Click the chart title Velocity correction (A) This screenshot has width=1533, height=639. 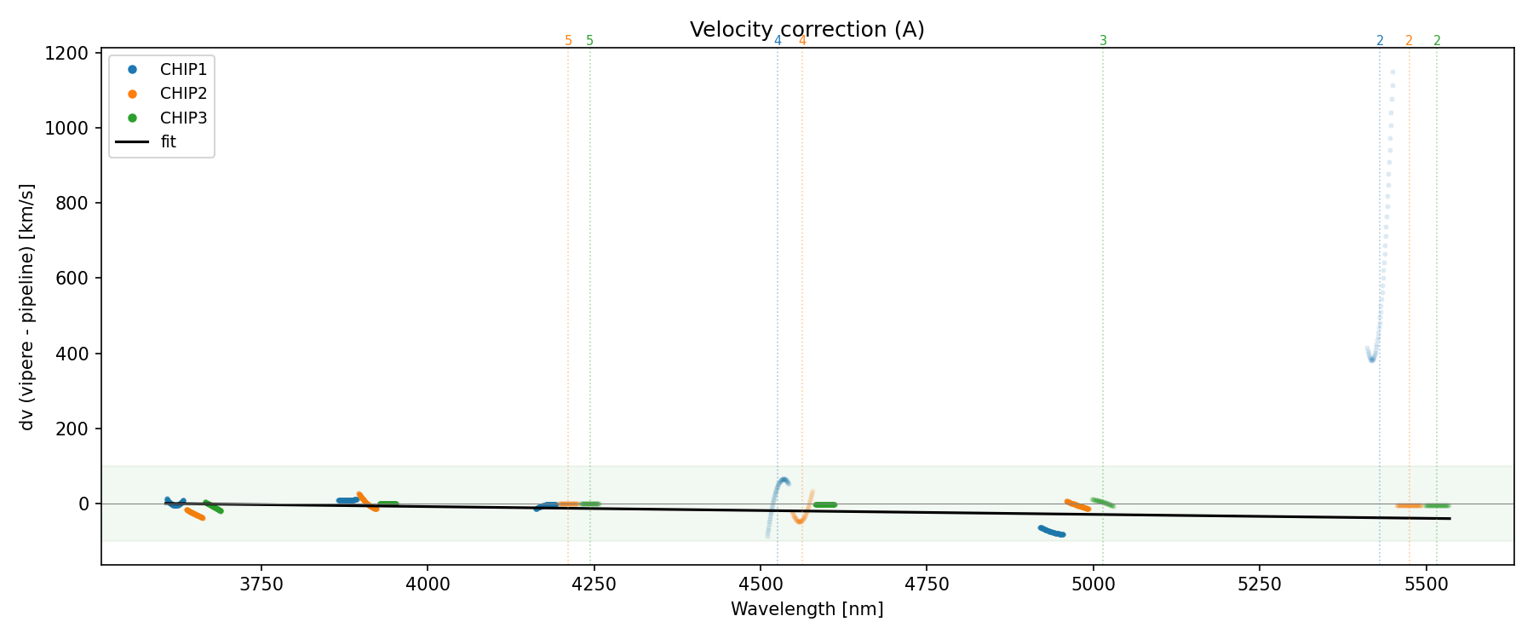click(807, 30)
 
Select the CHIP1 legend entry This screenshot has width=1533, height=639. click(183, 69)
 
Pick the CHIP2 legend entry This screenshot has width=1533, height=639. click(183, 94)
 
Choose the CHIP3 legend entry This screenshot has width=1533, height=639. click(183, 118)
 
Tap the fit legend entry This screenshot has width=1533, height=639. click(168, 142)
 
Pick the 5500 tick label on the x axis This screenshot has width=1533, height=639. click(1426, 584)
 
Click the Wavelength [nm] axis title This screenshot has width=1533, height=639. click(807, 609)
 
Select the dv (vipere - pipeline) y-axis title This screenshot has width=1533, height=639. click(27, 307)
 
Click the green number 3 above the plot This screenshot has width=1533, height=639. click(1103, 41)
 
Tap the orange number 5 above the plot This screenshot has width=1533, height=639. click(568, 41)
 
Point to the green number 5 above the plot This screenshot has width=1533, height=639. click(589, 41)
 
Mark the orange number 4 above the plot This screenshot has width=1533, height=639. click(802, 41)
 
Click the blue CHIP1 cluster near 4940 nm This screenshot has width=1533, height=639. click(1052, 532)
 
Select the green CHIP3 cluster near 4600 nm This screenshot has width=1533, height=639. click(824, 504)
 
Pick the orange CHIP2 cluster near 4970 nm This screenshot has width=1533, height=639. click(1077, 505)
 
